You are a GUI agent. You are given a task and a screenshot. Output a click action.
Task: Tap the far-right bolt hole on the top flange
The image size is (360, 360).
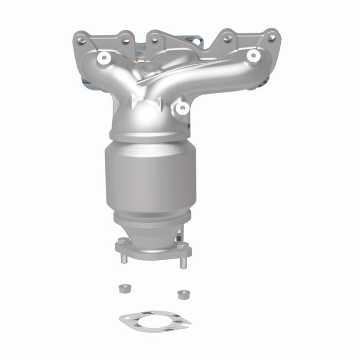point(271,38)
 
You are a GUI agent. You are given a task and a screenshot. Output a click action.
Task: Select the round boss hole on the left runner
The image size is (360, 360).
point(105,58)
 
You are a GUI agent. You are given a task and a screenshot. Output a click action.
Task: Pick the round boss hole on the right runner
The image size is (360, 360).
point(252,56)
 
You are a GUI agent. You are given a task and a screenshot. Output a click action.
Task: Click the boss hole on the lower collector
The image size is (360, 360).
point(182,108)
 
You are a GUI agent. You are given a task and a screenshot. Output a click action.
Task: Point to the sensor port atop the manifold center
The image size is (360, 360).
point(147,67)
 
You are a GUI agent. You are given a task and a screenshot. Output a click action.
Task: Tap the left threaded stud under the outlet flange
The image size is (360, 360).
point(124,258)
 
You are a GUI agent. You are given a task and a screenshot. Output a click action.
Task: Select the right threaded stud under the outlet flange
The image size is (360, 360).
point(183,262)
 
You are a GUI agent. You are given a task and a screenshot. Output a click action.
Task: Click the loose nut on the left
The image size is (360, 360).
point(123,289)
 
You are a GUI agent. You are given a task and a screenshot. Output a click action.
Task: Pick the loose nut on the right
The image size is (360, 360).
point(183,295)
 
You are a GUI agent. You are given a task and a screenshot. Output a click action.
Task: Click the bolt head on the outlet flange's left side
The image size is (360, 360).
point(122,241)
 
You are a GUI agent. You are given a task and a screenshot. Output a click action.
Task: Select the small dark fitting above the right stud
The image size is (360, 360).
point(178,238)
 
